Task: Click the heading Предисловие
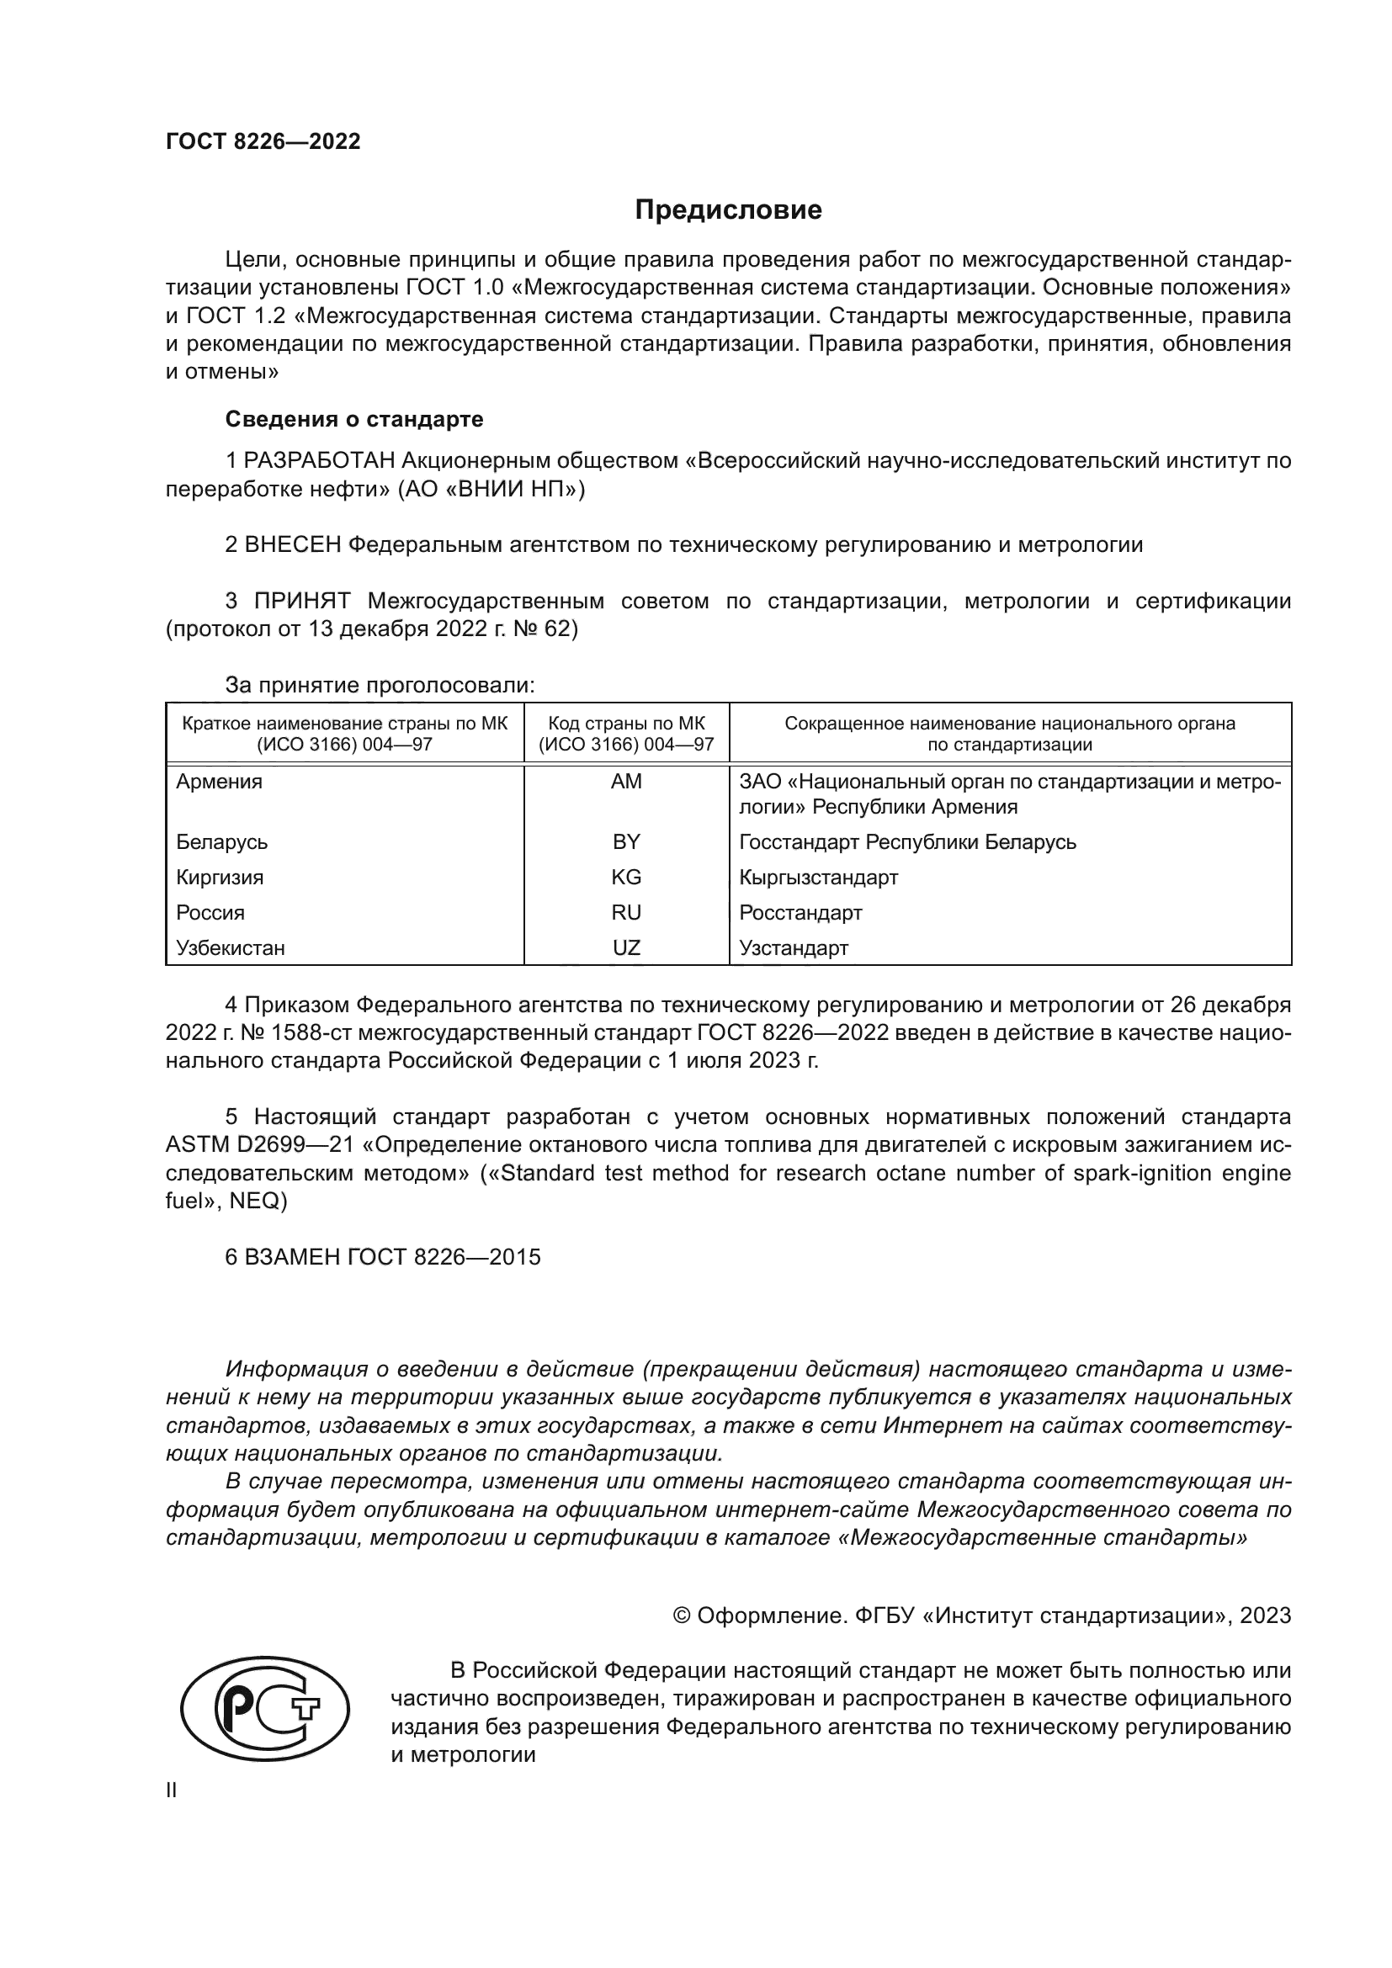point(728,210)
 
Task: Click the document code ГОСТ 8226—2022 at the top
point(263,142)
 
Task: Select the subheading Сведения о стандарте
point(354,419)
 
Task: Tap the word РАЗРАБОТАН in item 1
point(319,461)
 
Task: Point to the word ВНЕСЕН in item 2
point(293,545)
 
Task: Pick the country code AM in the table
point(627,782)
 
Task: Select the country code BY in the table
point(627,841)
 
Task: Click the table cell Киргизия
point(220,878)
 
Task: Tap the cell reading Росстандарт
point(800,913)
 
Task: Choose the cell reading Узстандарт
point(794,948)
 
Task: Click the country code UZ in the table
point(627,948)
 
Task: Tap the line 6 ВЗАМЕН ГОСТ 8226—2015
point(383,1257)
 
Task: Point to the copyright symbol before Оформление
point(682,1615)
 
